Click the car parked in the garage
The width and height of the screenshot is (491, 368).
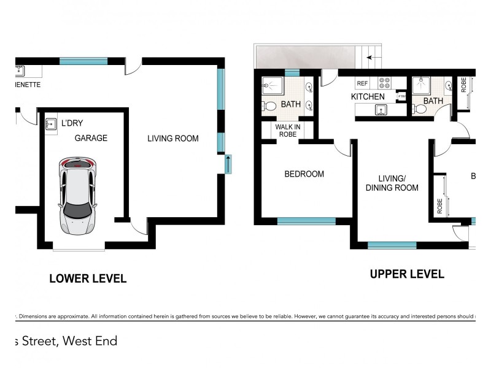click(77, 195)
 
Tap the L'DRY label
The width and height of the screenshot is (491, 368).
click(72, 123)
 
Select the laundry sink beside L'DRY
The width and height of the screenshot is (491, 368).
click(51, 125)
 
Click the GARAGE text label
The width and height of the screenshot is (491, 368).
click(91, 138)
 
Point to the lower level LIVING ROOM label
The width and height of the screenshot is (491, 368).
click(172, 139)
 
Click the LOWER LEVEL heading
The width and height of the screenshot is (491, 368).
click(88, 278)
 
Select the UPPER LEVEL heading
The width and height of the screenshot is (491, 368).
click(406, 274)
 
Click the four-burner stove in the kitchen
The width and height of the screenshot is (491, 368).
click(384, 83)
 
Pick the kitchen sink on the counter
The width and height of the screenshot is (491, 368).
click(381, 110)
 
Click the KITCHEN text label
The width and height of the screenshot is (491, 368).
click(368, 97)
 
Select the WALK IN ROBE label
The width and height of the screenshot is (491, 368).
click(287, 130)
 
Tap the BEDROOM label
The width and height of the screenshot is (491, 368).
click(304, 174)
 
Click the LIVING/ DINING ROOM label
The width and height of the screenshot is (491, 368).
click(392, 183)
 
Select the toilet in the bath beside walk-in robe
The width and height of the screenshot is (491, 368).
click(269, 105)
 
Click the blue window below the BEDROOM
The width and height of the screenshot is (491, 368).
click(306, 221)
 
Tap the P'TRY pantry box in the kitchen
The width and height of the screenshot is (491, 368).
click(402, 97)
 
